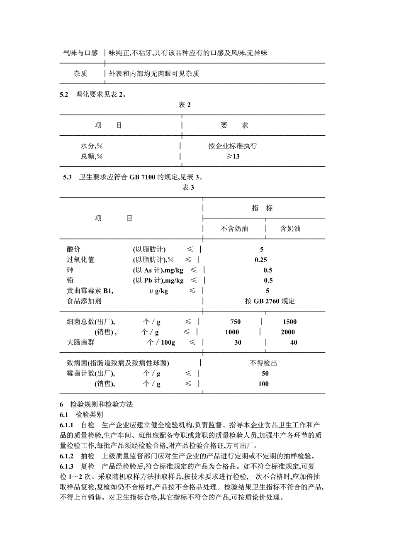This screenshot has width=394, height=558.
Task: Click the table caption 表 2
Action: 185,105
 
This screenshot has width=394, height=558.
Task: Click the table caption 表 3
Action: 188,188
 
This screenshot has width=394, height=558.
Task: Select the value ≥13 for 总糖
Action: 233,156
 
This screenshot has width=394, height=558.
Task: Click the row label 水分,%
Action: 92,146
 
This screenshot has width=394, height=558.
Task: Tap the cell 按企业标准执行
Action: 233,146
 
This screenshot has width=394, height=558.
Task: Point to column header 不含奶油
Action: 234,229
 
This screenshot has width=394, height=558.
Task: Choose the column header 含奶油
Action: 290,229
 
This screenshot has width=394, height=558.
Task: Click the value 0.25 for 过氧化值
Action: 261,260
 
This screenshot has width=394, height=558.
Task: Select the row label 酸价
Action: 74,249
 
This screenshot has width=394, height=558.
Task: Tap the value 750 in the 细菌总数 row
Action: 235,322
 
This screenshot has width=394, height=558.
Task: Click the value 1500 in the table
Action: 289,322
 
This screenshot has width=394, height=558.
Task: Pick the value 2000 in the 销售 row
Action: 288,332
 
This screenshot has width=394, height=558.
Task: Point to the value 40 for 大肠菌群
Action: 294,343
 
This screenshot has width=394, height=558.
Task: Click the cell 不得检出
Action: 263,363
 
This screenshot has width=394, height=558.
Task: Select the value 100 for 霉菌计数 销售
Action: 263,384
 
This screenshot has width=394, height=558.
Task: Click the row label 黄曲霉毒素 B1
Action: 90,291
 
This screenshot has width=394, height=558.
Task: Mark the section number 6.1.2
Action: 67,456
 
